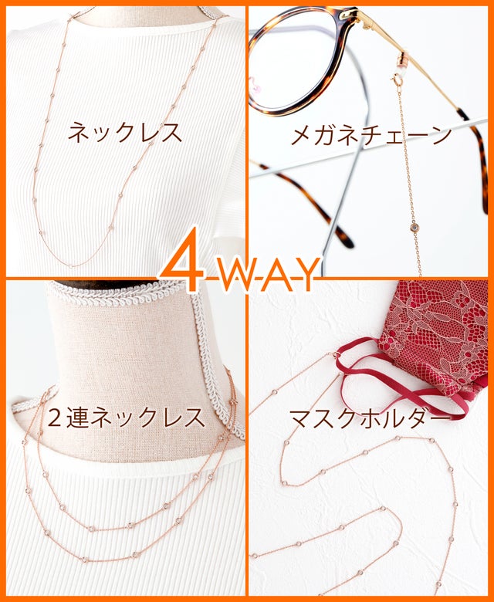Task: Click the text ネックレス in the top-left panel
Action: pos(125,133)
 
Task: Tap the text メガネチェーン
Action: pos(371,136)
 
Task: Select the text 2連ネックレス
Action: pos(127,418)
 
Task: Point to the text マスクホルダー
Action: pos(369,418)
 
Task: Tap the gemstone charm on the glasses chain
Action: pos(414,228)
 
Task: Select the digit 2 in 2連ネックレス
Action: pos(56,418)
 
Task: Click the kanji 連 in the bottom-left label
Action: pos(79,418)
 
